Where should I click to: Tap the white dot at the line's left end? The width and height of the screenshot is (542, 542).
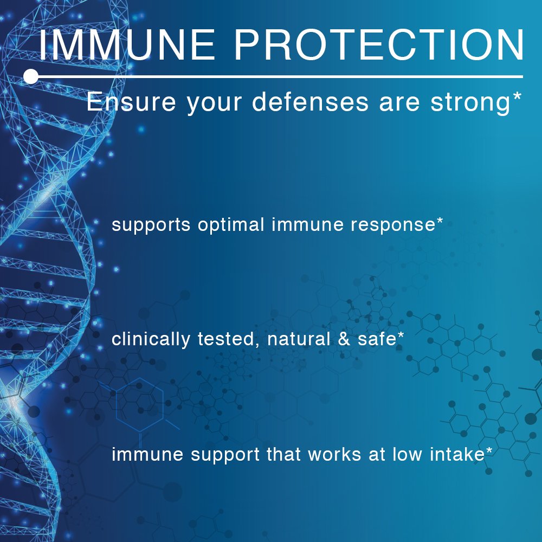(x=31, y=76)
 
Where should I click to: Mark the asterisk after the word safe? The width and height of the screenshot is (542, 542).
(x=401, y=335)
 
